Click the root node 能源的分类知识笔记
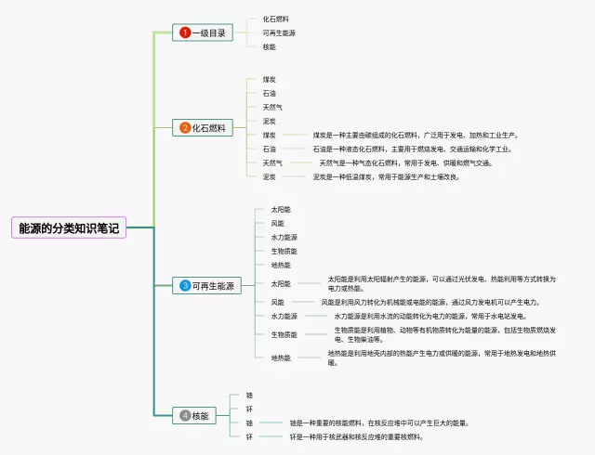[69, 227]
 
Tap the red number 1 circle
[185, 32]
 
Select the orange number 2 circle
[185, 128]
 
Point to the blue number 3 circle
[185, 285]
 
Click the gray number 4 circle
[185, 415]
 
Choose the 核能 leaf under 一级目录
[269, 46]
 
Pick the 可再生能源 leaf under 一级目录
[279, 32]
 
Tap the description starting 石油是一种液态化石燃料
[411, 149]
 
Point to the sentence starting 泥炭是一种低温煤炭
[386, 176]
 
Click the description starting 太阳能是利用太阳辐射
[442, 283]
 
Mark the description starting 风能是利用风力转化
[430, 302]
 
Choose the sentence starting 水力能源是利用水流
[429, 316]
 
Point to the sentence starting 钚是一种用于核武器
[356, 436]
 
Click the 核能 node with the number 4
[200, 415]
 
